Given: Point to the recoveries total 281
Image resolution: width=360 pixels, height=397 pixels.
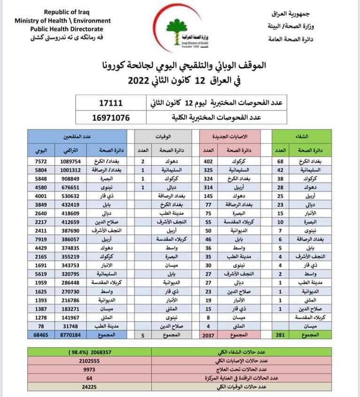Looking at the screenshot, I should [x=281, y=335].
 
